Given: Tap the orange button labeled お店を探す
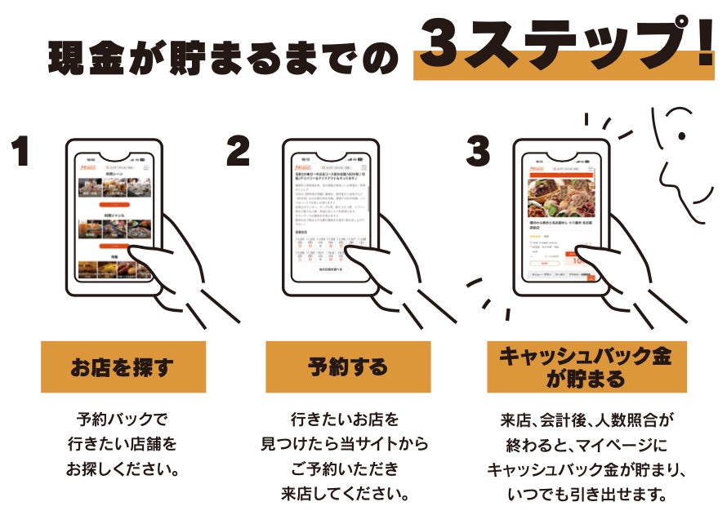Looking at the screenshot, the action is pos(123,367).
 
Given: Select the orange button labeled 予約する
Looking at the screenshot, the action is pos(348,367).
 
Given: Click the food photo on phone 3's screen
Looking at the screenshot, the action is pos(562,197).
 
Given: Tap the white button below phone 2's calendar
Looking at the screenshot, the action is pos(331,268).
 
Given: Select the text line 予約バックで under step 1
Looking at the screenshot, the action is pos(123,421).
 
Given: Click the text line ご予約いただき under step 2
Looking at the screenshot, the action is pos(347,469).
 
